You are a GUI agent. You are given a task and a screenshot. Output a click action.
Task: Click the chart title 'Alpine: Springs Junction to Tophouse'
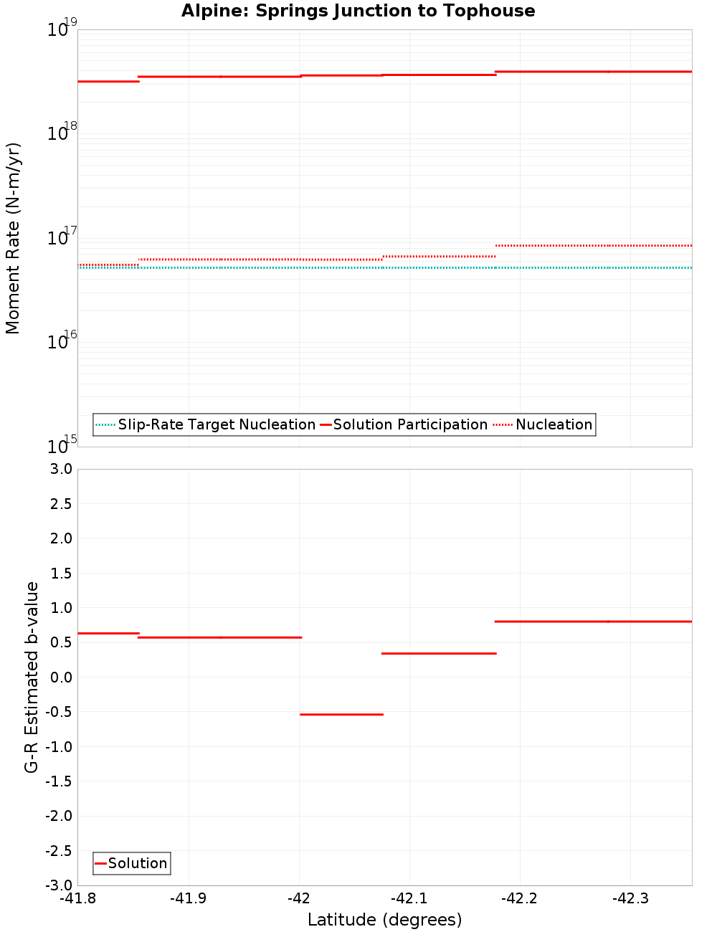coord(358,11)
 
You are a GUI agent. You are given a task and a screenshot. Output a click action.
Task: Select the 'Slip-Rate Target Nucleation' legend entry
coord(216,424)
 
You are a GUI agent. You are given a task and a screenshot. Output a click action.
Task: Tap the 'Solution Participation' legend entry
coord(410,424)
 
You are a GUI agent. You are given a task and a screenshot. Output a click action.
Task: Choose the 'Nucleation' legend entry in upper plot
coord(554,424)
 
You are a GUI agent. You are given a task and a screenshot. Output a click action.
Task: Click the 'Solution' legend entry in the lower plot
coord(138,863)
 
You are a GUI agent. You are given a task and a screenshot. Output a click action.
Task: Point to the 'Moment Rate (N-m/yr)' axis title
coord(13,238)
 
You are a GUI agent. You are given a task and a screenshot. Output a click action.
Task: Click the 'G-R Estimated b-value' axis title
coord(32,677)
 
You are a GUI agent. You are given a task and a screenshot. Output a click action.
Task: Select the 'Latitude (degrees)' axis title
coord(384,920)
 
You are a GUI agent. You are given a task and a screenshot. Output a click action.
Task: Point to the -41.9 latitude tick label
coord(188,899)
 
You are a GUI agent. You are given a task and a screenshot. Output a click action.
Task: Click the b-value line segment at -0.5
coord(341,714)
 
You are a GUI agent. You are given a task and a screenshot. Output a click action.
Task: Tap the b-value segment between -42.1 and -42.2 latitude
coord(439,653)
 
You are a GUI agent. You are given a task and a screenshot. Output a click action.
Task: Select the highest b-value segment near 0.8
coord(593,621)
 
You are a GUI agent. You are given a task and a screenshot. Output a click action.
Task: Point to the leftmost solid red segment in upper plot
coord(108,81)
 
